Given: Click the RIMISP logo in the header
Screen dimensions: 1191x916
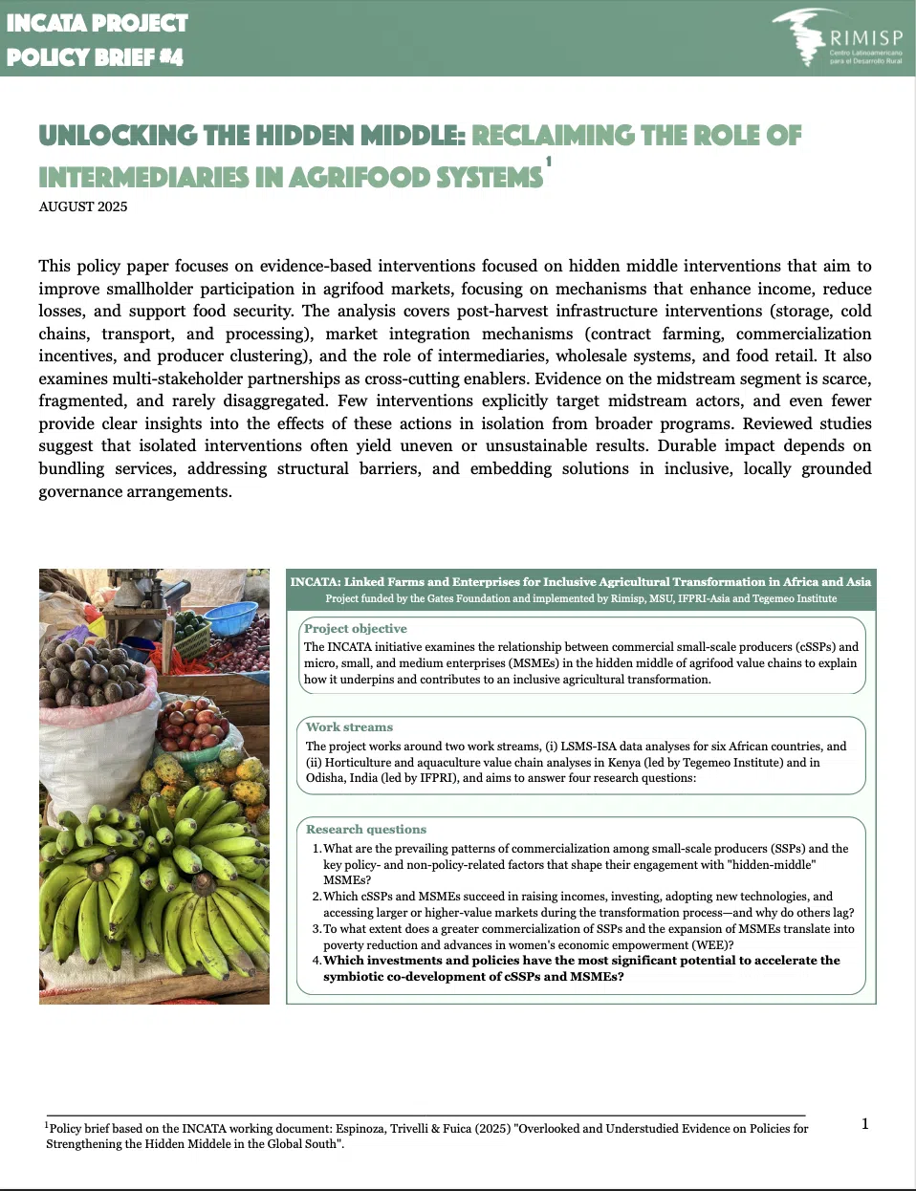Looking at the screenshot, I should pos(840,38).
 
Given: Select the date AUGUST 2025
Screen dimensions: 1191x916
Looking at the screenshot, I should pos(83,206).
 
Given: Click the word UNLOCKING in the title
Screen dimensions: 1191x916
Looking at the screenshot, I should pos(119,136).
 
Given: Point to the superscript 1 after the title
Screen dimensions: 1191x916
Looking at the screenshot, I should pos(549,162).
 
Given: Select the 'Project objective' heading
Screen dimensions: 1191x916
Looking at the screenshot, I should pos(355,628).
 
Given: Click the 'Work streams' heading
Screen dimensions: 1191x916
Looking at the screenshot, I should pos(349,726).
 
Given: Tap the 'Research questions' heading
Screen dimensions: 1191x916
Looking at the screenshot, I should pos(366,829).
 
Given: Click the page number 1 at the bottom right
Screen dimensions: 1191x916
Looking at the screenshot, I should pos(865,1124).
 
